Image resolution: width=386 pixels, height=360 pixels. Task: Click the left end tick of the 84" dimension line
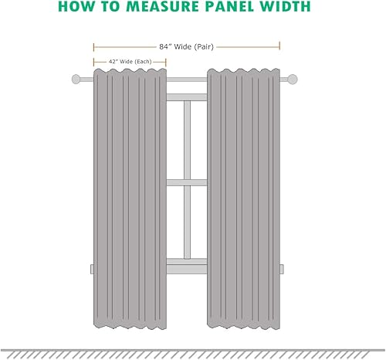[93, 46]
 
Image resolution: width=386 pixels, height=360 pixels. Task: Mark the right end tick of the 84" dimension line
[279, 46]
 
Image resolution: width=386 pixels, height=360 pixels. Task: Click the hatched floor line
[193, 352]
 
